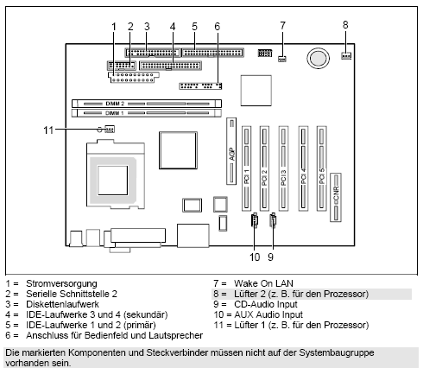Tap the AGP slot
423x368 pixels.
pyautogui.click(x=231, y=153)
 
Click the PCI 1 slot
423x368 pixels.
pyautogui.click(x=248, y=168)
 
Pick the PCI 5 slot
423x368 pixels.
pyautogui.click(x=321, y=168)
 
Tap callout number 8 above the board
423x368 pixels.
pyautogui.click(x=346, y=24)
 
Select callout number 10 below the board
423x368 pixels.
pyautogui.click(x=255, y=256)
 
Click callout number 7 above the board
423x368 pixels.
pyautogui.click(x=282, y=26)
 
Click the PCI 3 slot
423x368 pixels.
pyautogui.click(x=282, y=168)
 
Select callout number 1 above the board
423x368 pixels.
pyautogui.click(x=113, y=27)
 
